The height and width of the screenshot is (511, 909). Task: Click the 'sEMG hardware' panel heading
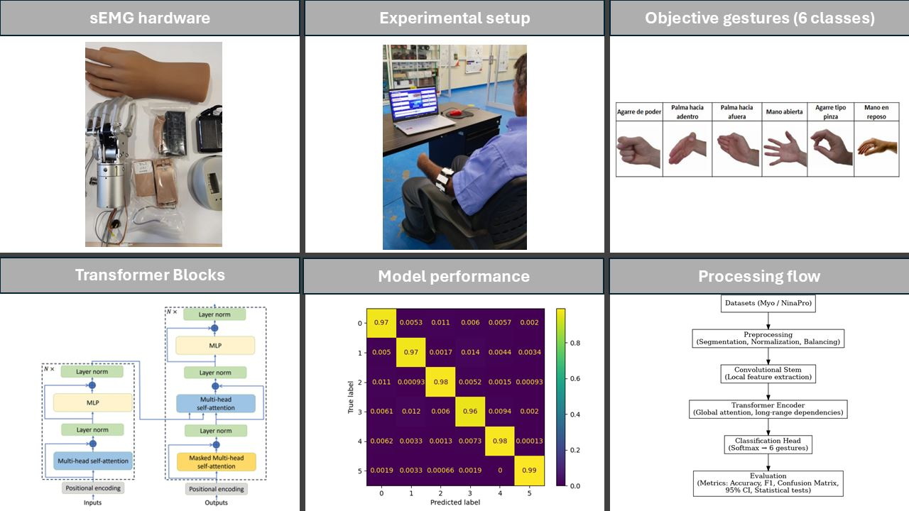point(150,18)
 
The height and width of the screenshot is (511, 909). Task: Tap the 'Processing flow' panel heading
point(759,276)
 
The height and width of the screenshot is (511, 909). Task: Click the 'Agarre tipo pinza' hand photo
point(830,148)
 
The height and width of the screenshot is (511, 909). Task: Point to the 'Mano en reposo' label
point(876,111)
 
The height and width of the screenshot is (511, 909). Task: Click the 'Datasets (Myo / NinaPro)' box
point(768,304)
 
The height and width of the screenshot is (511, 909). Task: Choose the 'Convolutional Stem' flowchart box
point(768,373)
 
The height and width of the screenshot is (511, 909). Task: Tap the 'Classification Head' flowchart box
point(768,444)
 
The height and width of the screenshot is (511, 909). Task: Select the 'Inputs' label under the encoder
point(93,503)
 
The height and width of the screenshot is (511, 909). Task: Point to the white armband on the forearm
point(444,180)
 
